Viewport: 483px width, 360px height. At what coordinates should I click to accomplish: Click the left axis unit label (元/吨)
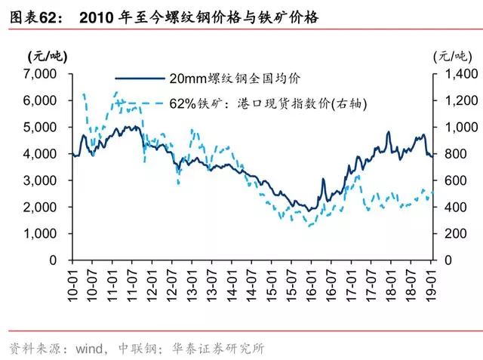click(46, 55)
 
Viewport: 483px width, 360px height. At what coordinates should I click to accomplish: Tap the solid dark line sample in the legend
click(140, 78)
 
